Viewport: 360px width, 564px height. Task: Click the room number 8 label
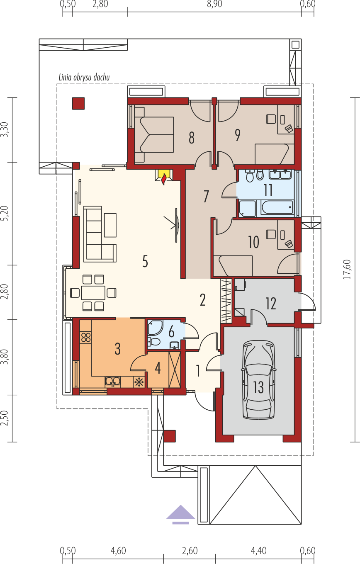coord(192,138)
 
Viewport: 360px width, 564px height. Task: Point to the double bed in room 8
coord(154,135)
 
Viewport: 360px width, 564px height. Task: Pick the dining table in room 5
coord(93,293)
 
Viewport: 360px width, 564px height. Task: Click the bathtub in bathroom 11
coord(277,207)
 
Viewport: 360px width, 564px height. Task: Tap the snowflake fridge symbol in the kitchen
coord(139,382)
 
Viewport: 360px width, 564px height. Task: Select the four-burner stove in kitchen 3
coord(86,338)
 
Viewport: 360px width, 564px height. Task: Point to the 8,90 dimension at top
coord(214,4)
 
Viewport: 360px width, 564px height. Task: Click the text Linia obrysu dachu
coord(84,77)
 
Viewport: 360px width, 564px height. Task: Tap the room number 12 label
coord(271,304)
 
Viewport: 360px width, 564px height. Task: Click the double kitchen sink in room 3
coord(113,382)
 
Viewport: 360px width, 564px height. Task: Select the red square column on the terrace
coord(78,104)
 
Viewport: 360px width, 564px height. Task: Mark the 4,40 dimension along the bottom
coord(258,551)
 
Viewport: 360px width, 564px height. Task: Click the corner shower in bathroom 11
coord(247,209)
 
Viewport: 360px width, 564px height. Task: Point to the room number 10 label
coord(253,242)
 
